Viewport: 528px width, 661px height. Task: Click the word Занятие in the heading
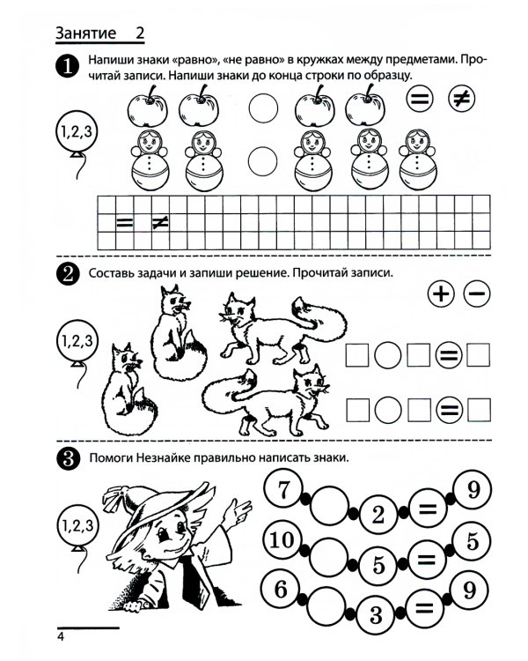(85, 33)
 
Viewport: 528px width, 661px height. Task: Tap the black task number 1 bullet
(67, 66)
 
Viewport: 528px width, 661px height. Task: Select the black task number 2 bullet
(68, 274)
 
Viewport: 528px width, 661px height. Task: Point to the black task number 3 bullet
(68, 458)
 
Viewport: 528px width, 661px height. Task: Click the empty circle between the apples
(263, 108)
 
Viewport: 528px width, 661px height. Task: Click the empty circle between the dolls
(263, 161)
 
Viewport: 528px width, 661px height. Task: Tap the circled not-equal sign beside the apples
(461, 99)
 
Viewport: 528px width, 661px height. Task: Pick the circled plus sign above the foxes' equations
(441, 293)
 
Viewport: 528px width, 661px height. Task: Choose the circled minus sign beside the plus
(477, 293)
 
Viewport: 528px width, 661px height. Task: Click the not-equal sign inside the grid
(160, 223)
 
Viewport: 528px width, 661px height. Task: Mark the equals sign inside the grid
(124, 223)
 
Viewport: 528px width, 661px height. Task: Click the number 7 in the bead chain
(283, 490)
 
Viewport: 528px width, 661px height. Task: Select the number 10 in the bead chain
(282, 539)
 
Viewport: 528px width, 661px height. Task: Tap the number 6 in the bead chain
(281, 589)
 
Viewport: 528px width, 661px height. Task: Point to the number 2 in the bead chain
(378, 515)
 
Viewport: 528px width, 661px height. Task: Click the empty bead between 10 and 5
(329, 556)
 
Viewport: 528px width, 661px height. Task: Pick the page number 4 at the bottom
(61, 636)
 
